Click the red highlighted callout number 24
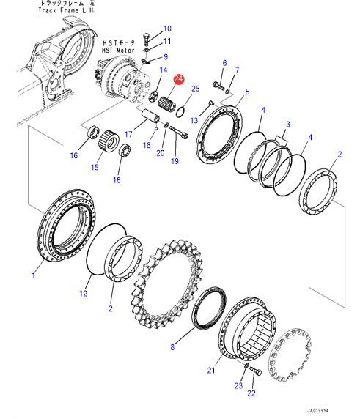(x=178, y=79)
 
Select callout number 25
(x=196, y=89)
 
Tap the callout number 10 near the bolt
(x=167, y=29)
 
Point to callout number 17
(x=128, y=134)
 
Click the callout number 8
(x=172, y=347)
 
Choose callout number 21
(x=211, y=371)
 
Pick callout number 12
(x=84, y=294)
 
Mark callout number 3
(x=288, y=125)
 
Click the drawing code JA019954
(x=317, y=411)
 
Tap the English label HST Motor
(x=118, y=51)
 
